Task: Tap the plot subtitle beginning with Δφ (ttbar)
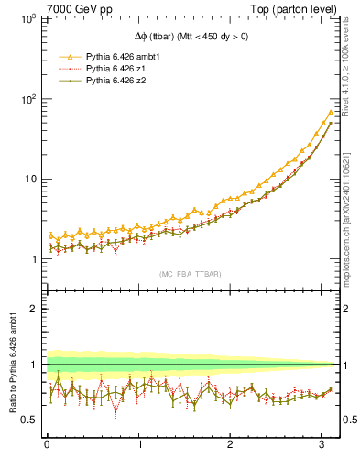coord(191,37)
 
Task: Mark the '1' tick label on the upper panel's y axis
coord(33,259)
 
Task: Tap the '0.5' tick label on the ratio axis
coord(28,420)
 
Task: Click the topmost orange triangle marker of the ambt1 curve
coord(330,113)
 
